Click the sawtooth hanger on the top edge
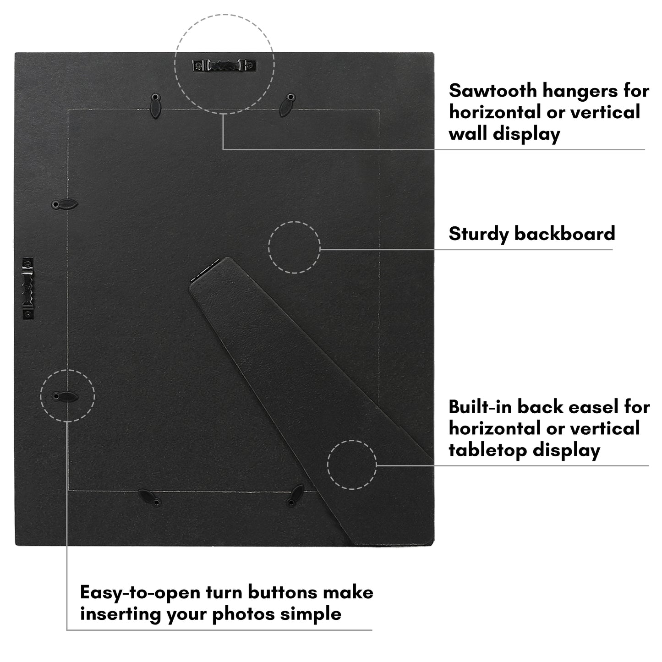[x=224, y=65]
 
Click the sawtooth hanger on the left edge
[x=28, y=289]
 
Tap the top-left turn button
[x=155, y=106]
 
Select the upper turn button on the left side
[x=65, y=204]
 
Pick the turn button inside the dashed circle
[x=65, y=397]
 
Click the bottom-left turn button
[x=150, y=498]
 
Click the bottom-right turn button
[x=295, y=496]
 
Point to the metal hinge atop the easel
[x=205, y=270]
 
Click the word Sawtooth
[x=492, y=91]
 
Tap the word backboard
[x=564, y=234]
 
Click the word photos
[x=244, y=615]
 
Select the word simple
[x=311, y=615]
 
